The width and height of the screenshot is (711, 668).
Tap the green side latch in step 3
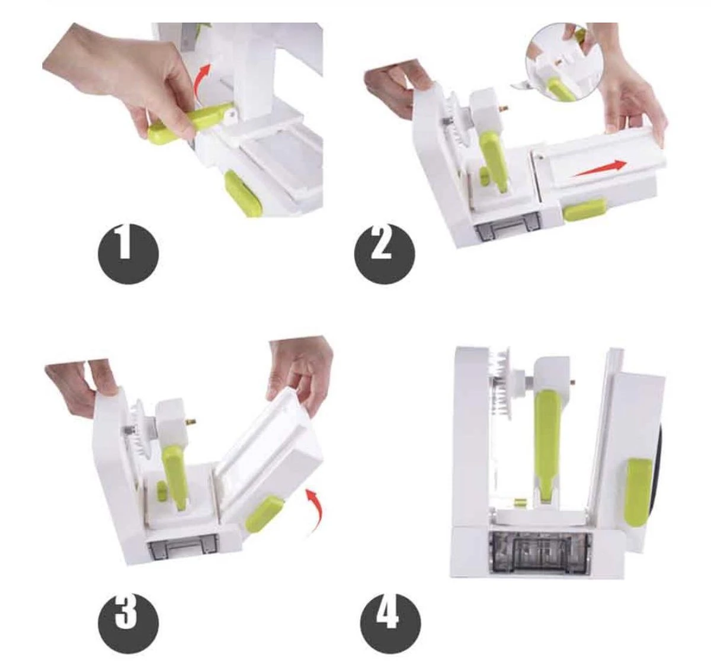point(263,513)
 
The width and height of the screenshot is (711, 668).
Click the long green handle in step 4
point(546,438)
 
